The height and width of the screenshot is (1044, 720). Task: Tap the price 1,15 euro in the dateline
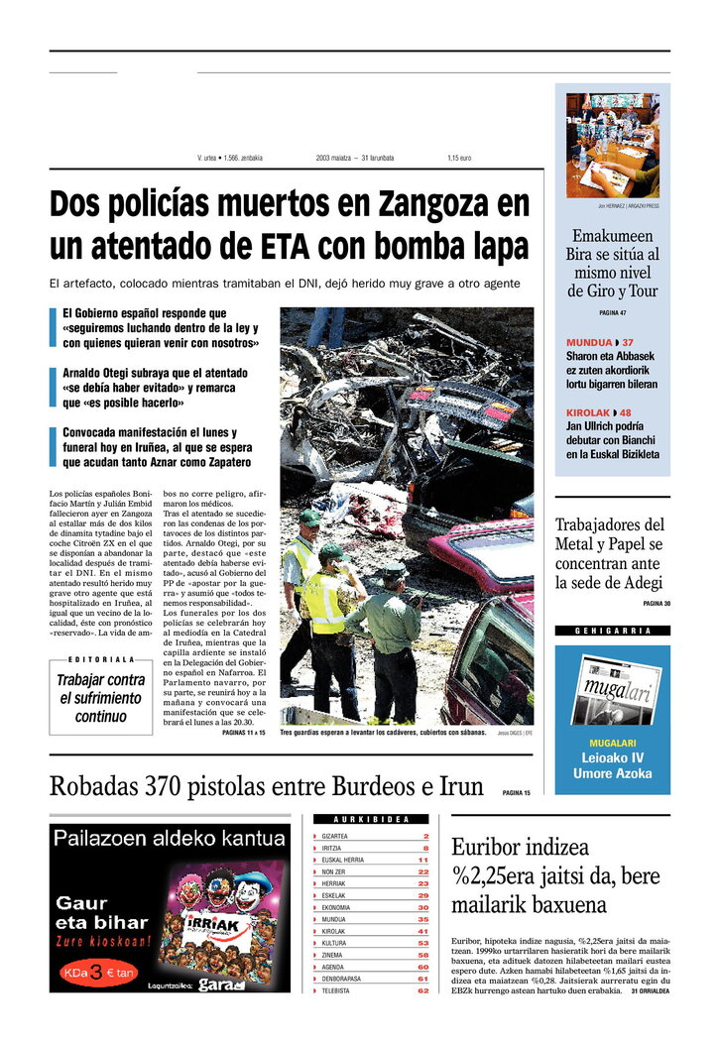tap(459, 158)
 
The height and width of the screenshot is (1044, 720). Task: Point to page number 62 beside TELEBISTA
tap(423, 989)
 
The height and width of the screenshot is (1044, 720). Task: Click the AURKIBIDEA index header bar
tap(372, 820)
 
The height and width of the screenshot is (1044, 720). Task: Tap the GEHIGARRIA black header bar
tap(612, 631)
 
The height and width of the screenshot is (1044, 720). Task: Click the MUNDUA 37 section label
tap(599, 343)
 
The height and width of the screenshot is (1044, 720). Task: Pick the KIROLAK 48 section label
tap(598, 412)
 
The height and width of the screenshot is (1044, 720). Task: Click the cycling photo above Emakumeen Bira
tap(612, 145)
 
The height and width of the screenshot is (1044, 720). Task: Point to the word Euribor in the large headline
tap(493, 848)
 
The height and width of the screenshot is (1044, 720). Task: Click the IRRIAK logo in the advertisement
tap(209, 924)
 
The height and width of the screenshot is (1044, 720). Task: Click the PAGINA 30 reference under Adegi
tap(656, 604)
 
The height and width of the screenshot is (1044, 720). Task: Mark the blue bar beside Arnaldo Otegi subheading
tap(53, 387)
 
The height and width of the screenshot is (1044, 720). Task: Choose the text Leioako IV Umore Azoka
tap(612, 765)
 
